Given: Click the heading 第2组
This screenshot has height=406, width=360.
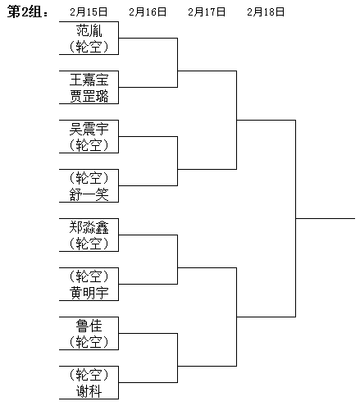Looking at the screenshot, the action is click(x=27, y=11).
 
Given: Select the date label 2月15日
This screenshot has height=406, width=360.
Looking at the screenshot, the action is click(x=89, y=11).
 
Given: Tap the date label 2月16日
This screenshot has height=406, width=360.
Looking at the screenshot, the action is click(x=148, y=11).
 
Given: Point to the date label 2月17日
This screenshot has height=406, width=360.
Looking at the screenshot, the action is click(x=207, y=11).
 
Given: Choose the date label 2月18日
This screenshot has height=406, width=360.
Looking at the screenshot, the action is click(x=266, y=11).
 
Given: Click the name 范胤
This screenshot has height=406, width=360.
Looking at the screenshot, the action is click(x=89, y=30).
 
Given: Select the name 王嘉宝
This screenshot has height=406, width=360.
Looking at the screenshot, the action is click(x=89, y=80).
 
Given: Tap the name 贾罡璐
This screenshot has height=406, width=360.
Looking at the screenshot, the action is click(x=89, y=96).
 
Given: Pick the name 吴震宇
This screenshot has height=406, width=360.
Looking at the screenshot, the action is click(x=89, y=129).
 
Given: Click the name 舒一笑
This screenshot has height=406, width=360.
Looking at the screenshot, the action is click(x=89, y=194).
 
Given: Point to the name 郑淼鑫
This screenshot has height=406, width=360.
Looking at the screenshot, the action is click(x=89, y=227).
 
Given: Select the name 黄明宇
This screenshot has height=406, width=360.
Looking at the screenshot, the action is click(x=89, y=293).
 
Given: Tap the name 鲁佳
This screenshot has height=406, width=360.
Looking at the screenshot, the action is click(x=89, y=326).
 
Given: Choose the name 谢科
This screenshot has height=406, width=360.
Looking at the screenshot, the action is click(x=89, y=391).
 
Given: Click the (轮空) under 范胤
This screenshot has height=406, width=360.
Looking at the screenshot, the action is click(x=89, y=47).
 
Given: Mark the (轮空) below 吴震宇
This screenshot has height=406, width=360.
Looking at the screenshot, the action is click(x=89, y=145).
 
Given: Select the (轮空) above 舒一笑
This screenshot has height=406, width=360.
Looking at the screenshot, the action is click(x=89, y=178).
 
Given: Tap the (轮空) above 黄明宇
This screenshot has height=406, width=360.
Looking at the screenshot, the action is click(x=89, y=276).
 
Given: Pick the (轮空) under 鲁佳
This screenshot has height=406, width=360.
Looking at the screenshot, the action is click(x=89, y=342).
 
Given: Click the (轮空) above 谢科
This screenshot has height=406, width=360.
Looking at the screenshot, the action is click(x=89, y=375).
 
